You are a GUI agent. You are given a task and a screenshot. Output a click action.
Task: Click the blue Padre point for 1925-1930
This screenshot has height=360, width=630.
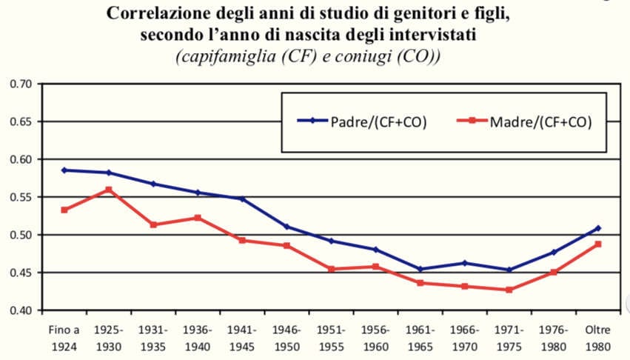(x=109, y=173)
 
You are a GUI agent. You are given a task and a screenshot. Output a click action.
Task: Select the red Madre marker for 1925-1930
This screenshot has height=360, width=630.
(x=109, y=190)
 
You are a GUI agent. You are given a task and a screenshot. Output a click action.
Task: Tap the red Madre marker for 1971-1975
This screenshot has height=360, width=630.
(x=509, y=290)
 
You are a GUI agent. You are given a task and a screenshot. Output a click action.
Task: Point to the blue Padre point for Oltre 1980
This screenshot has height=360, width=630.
(x=598, y=228)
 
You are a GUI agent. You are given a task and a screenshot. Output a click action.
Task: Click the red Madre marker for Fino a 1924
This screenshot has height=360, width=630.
(x=64, y=210)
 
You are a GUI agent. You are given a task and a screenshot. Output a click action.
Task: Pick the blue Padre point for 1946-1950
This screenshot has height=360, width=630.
(x=286, y=227)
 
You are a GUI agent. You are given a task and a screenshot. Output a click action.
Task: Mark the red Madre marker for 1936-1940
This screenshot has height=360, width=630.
(x=198, y=218)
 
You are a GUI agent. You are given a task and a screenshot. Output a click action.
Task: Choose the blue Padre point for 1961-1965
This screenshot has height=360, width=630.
(x=420, y=269)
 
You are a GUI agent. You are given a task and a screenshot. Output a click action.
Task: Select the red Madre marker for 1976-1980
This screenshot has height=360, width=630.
(x=553, y=272)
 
